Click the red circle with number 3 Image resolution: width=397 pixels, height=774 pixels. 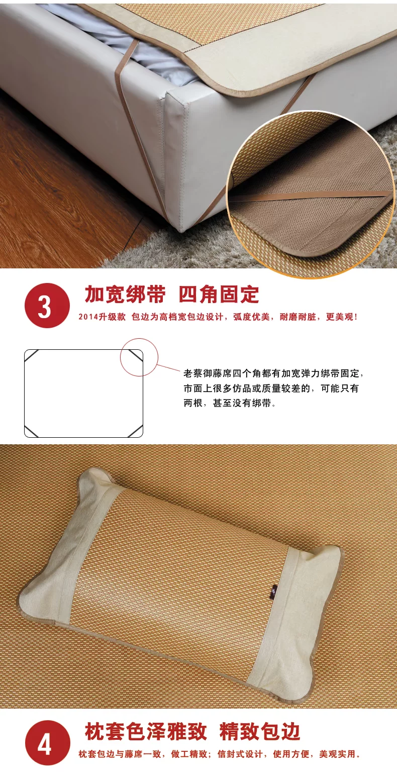click(x=47, y=306)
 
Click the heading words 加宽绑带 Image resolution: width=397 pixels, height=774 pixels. click(x=125, y=295)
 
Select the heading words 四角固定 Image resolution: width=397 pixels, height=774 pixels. click(x=219, y=295)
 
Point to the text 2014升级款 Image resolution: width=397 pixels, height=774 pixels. click(x=102, y=317)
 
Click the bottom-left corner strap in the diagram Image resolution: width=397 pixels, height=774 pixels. click(x=32, y=431)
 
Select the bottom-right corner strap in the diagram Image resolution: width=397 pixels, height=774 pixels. click(x=135, y=431)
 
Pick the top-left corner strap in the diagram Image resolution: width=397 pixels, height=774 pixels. click(x=32, y=356)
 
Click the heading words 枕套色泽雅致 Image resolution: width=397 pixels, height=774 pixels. click(x=146, y=731)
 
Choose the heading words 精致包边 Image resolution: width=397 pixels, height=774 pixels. click(x=259, y=731)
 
